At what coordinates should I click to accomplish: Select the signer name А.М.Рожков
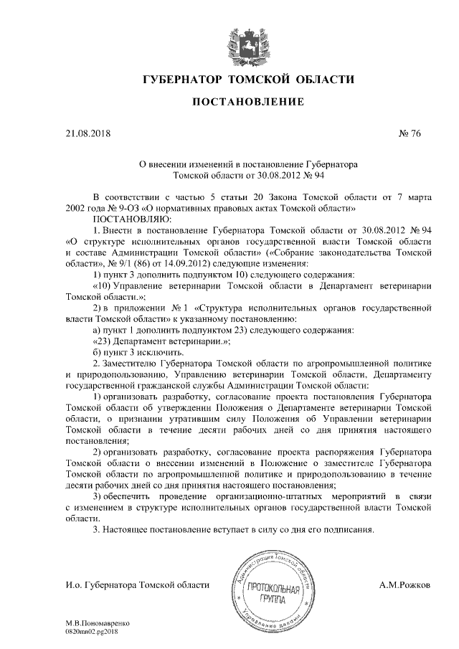[405, 585]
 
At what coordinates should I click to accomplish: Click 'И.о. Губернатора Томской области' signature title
[136, 585]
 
